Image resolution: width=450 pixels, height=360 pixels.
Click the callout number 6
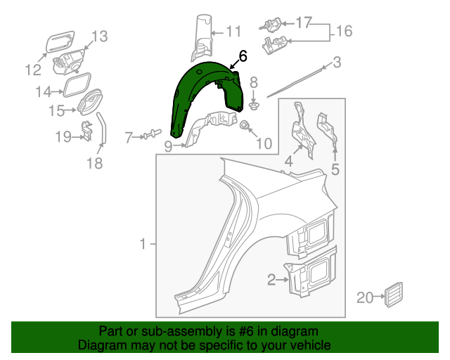243,56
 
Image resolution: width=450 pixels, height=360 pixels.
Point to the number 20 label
364,297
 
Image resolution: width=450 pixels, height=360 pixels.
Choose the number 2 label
271,281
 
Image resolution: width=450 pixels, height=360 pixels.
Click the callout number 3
337,63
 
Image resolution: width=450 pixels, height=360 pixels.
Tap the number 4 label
288,163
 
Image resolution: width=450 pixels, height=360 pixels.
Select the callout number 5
335,169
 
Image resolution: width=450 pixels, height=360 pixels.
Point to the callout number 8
254,82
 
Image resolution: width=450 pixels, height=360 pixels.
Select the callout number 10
264,144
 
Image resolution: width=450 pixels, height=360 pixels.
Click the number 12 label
33,70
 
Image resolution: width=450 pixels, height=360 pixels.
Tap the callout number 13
99,36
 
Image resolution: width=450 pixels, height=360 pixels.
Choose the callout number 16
344,32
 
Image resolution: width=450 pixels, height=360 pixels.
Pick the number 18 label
95,164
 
